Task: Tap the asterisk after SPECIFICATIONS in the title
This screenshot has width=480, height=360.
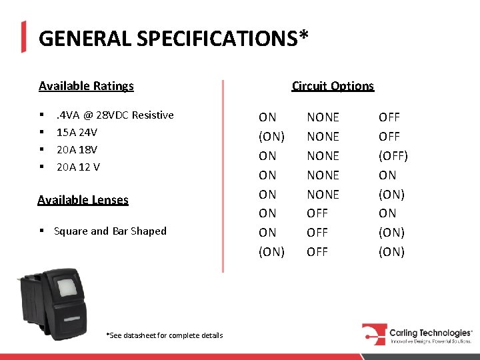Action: point(303,35)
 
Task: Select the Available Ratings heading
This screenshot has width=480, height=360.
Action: point(86,86)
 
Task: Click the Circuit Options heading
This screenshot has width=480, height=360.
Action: point(333,86)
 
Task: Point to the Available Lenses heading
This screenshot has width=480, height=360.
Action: point(83,200)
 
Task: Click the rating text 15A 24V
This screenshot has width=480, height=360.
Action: point(77,132)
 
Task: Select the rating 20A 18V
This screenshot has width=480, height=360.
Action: point(77,149)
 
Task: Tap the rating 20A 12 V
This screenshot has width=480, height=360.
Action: point(78,167)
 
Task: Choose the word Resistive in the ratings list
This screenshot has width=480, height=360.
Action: point(153,115)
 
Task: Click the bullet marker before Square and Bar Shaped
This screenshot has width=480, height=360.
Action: point(41,231)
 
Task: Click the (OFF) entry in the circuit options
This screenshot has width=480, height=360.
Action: point(393,156)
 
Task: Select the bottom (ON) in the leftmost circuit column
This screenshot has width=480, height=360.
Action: point(271,252)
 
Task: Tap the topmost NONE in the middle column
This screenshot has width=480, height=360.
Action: point(323,117)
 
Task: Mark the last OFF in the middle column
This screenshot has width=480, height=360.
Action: point(317,252)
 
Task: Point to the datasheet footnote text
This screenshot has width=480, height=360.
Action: point(165,335)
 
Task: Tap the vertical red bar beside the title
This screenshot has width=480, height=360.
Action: point(24,37)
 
